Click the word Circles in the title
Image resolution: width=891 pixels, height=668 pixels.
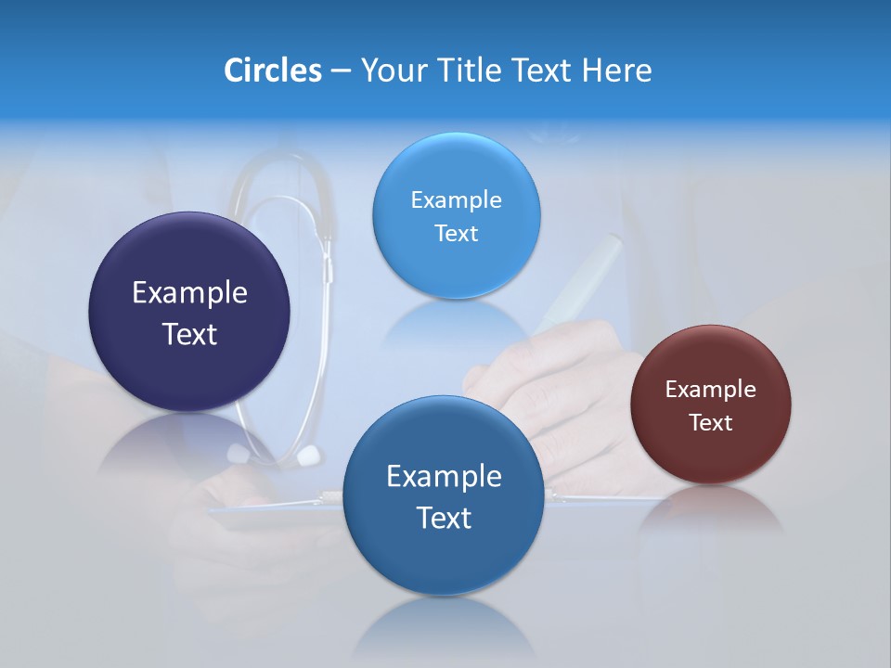click(x=273, y=71)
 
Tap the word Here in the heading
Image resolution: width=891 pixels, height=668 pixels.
click(x=616, y=71)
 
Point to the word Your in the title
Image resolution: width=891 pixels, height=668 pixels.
click(x=392, y=71)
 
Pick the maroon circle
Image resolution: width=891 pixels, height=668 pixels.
click(x=711, y=455)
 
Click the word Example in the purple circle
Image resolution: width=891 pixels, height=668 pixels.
click(x=189, y=293)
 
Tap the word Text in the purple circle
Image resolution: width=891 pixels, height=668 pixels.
click(x=189, y=334)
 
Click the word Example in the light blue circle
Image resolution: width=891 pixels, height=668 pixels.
click(x=456, y=200)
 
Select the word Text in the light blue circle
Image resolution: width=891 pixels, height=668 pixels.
click(x=456, y=234)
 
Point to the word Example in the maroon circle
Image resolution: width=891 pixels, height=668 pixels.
click(x=711, y=390)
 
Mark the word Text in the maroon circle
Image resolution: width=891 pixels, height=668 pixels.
click(x=711, y=423)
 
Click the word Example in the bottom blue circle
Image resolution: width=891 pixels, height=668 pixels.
click(x=444, y=477)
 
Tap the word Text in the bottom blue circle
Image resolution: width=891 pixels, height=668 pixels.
click(x=444, y=518)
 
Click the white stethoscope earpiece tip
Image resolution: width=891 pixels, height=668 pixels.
click(x=308, y=456)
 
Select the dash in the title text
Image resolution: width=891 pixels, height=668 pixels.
click(x=341, y=71)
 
